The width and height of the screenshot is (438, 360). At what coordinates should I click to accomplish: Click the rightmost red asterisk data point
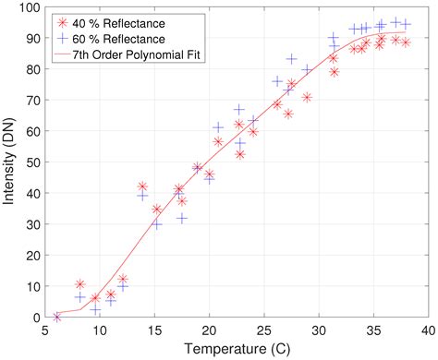pyautogui.click(x=406, y=42)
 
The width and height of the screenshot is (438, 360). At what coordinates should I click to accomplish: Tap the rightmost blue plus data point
pyautogui.click(x=406, y=24)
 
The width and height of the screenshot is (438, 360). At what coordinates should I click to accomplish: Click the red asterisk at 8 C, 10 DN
pyautogui.click(x=79, y=284)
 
